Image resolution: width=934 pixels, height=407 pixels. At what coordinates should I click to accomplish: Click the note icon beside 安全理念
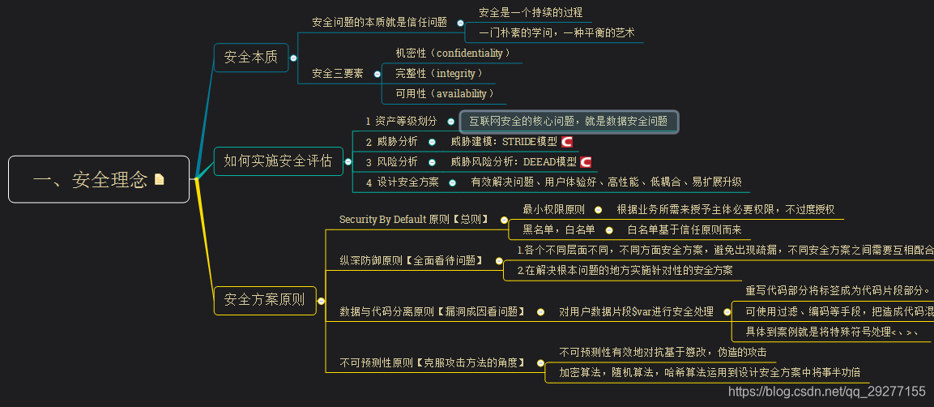[x=159, y=179]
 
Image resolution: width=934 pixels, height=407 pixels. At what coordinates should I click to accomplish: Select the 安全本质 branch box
[x=250, y=58]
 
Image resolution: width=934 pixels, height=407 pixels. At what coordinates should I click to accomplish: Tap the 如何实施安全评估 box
[x=278, y=161]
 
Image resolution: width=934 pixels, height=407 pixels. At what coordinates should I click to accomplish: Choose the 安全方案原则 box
[x=264, y=300]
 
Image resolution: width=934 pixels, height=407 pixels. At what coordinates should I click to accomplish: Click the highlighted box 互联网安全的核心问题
[x=569, y=122]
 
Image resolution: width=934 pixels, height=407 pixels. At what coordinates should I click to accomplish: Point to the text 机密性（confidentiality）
[x=452, y=53]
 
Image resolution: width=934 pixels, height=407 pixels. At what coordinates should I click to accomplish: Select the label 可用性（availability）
[x=444, y=94]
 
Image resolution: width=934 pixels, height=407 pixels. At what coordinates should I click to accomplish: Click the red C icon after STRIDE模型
[x=567, y=141]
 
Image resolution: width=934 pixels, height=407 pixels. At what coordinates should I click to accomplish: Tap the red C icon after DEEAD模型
[x=586, y=162]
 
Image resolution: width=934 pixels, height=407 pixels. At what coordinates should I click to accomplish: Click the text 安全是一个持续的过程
[x=530, y=12]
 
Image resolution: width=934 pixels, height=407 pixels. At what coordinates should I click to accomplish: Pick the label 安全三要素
[x=337, y=74]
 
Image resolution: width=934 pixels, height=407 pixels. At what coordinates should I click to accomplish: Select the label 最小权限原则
[x=553, y=209]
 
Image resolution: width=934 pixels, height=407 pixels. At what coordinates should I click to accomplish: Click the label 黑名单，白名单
[x=558, y=229]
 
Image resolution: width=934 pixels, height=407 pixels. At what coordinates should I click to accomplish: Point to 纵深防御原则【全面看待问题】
[x=411, y=260]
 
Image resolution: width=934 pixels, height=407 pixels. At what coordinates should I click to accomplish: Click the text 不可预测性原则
[x=377, y=362]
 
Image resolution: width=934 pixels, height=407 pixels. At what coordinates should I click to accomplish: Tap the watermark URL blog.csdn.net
[x=826, y=392]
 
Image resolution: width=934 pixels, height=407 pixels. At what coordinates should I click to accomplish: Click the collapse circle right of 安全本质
[x=293, y=58]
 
